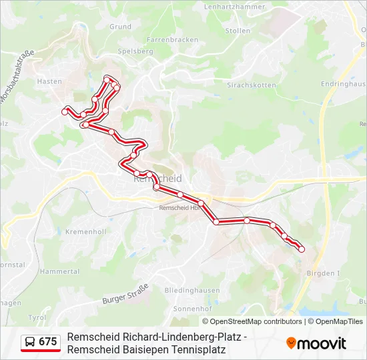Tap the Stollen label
(x=238, y=31)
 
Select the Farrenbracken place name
(x=172, y=40)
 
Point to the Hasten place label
(x=50, y=81)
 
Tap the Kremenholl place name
(x=86, y=232)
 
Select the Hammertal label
(x=59, y=272)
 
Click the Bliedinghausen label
(x=192, y=291)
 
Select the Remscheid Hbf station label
(x=179, y=208)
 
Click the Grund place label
(x=120, y=27)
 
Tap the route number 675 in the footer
(x=48, y=342)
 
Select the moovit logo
(x=316, y=343)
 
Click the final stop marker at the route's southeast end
(x=302, y=249)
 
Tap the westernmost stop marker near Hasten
(x=65, y=111)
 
